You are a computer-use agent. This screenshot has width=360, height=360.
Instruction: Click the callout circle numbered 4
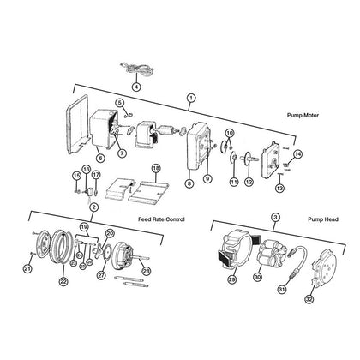pyautogui.click(x=136, y=87)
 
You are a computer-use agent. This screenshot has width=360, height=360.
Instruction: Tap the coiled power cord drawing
pyautogui.click(x=136, y=69)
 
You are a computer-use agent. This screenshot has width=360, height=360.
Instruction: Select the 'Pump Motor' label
pyautogui.click(x=303, y=115)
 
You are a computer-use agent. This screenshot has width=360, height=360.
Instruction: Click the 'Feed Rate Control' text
pyautogui.click(x=161, y=219)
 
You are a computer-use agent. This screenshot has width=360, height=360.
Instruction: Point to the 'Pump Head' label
pyautogui.click(x=323, y=219)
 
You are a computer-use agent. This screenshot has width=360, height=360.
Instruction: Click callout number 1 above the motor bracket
pyautogui.click(x=191, y=98)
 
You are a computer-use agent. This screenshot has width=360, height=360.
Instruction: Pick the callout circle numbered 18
pyautogui.click(x=155, y=169)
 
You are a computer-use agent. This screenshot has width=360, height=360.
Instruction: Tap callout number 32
pyautogui.click(x=309, y=299)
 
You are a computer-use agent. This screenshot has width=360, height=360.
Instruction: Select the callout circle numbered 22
pyautogui.click(x=63, y=282)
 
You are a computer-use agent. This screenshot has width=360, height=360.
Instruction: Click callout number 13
pyautogui.click(x=280, y=188)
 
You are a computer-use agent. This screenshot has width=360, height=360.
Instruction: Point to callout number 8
pyautogui.click(x=189, y=183)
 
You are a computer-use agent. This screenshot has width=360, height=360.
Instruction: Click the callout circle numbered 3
pyautogui.click(x=275, y=218)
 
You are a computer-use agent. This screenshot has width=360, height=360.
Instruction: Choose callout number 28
pyautogui.click(x=147, y=271)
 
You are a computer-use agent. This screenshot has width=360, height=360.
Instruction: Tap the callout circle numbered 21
pyautogui.click(x=27, y=268)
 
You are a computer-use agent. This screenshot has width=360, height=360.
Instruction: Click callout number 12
pyautogui.click(x=249, y=181)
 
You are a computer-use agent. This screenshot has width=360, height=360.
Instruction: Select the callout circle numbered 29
pyautogui.click(x=232, y=279)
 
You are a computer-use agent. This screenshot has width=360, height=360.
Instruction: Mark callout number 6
pyautogui.click(x=100, y=158)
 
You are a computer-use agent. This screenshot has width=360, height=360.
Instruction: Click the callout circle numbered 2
pyautogui.click(x=93, y=207)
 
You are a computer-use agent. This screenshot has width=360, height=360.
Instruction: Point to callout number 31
pyautogui.click(x=282, y=290)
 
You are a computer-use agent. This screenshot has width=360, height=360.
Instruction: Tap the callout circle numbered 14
pyautogui.click(x=297, y=154)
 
